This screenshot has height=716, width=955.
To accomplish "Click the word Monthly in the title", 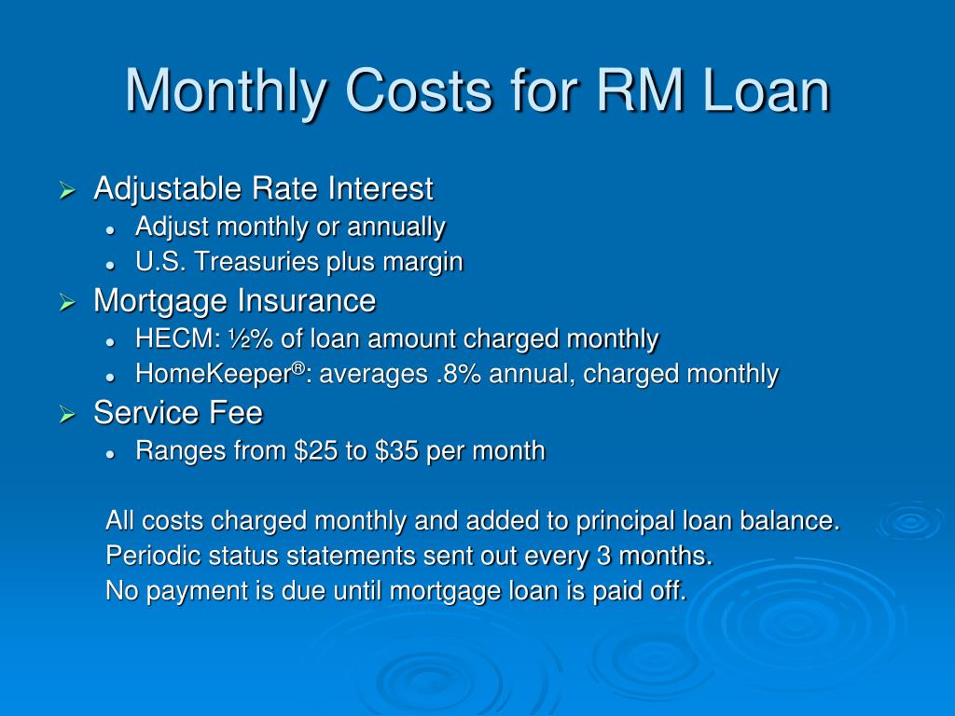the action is (225, 91).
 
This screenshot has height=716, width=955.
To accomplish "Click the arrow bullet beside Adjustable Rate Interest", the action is (67, 190).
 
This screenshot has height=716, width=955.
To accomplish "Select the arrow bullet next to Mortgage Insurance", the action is (67, 303).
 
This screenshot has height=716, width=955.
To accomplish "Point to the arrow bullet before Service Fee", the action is (67, 415).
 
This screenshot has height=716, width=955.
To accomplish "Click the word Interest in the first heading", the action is (381, 188).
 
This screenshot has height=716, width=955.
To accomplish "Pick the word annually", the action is (395, 227).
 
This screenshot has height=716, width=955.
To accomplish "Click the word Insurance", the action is (306, 301).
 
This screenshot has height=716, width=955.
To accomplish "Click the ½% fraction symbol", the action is (251, 338).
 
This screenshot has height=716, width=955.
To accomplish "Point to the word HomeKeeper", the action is (214, 374).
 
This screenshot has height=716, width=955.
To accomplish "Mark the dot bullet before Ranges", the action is (110, 454).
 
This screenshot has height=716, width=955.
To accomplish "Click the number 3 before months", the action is (603, 556).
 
